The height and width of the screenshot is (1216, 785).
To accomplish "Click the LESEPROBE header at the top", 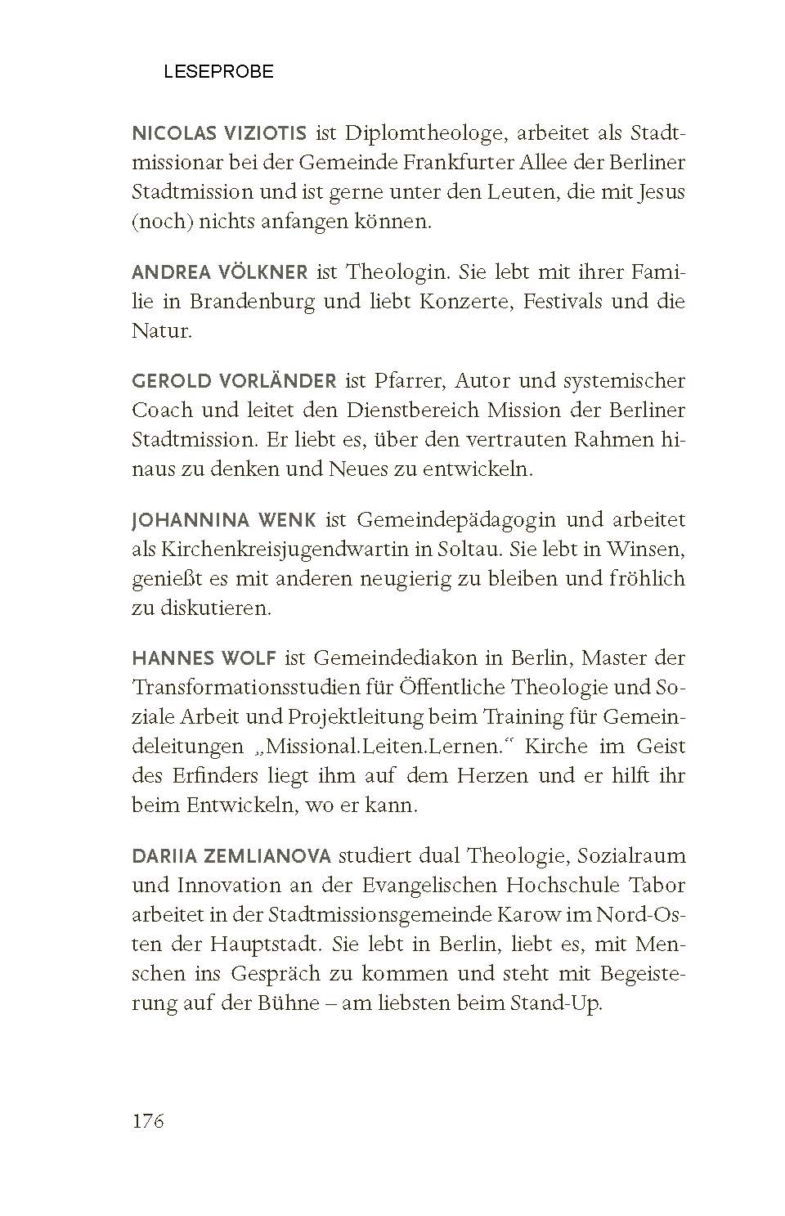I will pos(218,72).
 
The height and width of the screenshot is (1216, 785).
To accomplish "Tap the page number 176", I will pos(148,1120).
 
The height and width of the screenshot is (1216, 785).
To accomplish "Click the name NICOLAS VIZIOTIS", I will pos(219,133).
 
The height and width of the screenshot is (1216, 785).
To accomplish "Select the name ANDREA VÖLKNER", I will pos(220,271).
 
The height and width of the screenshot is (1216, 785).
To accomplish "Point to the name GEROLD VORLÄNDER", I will pos(234,381).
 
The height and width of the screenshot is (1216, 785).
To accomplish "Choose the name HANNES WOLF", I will pos(205,657).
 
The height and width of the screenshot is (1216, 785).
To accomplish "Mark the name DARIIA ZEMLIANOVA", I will pos(231,856).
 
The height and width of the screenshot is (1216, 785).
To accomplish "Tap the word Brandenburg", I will pos(253,301).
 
